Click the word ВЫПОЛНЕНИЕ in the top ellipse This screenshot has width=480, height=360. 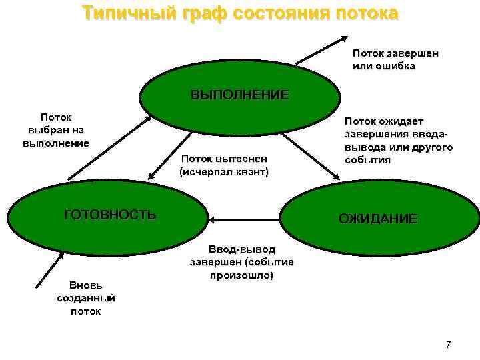pyautogui.click(x=240, y=95)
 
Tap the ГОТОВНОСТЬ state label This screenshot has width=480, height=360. pyautogui.click(x=110, y=215)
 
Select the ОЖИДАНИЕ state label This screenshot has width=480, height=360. pyautogui.click(x=378, y=219)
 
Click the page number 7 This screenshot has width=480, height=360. pyautogui.click(x=448, y=345)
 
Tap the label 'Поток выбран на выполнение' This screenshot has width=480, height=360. pyautogui.click(x=56, y=130)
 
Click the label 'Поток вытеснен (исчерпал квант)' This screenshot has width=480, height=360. pyautogui.click(x=224, y=165)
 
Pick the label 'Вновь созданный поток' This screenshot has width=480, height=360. pyautogui.click(x=86, y=299)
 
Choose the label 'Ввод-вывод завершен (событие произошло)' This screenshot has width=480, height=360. pyautogui.click(x=241, y=263)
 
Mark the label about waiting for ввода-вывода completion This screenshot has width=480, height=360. pyautogui.click(x=398, y=141)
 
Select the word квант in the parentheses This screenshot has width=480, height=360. pyautogui.click(x=251, y=172)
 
